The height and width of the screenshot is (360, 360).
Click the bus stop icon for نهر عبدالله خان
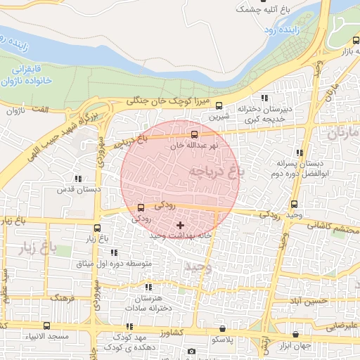[195, 134]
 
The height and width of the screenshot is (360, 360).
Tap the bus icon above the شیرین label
[219, 106]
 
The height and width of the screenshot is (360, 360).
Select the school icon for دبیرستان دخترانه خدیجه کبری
[264, 98]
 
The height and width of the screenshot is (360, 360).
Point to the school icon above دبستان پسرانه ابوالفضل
[300, 152]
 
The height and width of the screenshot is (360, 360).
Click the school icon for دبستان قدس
[77, 179]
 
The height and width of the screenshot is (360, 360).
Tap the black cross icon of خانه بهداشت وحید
[181, 226]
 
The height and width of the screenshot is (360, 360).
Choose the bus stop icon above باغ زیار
[97, 229]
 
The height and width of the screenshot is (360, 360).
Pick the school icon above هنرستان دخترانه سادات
[148, 288]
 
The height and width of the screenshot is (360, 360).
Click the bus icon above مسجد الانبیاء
[47, 326]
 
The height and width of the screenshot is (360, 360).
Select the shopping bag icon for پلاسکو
[223, 328]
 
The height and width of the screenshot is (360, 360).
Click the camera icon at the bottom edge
[191, 351]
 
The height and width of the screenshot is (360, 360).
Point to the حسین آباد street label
[311, 300]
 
